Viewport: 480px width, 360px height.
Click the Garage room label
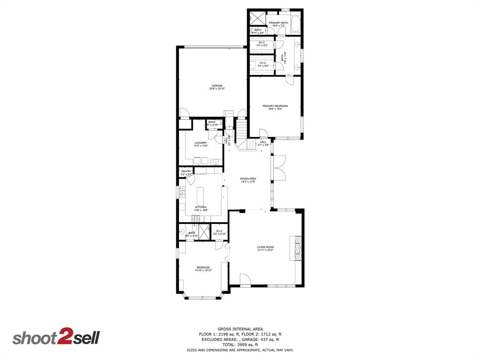(x=217, y=87)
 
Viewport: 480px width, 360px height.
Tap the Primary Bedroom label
(x=275, y=107)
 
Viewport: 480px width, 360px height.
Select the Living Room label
(x=265, y=248)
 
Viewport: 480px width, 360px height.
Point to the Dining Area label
(x=248, y=180)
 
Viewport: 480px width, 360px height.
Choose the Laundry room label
(x=201, y=144)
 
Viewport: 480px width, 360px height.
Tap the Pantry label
(x=186, y=172)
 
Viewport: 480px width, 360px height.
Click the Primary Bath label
(x=278, y=24)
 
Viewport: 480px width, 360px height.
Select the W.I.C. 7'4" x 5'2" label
(x=262, y=44)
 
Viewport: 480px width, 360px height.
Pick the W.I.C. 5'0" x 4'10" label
(x=220, y=232)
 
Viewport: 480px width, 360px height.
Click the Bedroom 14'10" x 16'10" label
(x=203, y=269)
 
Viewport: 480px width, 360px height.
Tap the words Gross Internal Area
(x=240, y=329)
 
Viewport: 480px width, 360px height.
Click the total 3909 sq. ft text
(x=240, y=345)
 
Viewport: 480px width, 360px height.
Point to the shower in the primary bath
(x=256, y=17)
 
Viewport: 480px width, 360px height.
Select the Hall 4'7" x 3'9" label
(x=263, y=143)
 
